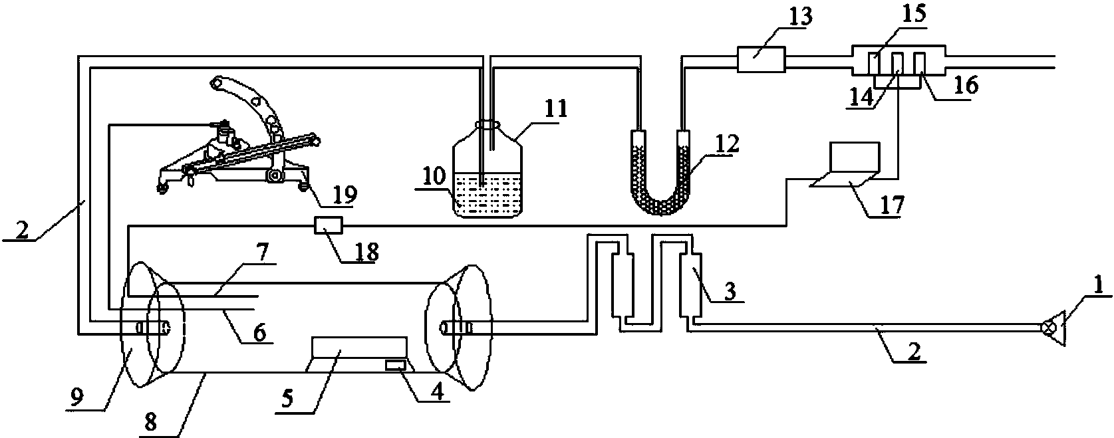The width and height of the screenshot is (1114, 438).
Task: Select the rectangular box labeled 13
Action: pyautogui.click(x=761, y=59)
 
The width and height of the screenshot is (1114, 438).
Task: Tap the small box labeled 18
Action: pyautogui.click(x=329, y=225)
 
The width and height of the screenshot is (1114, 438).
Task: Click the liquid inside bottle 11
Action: pyautogui.click(x=488, y=195)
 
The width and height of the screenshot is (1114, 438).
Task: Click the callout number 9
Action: pyautogui.click(x=78, y=397)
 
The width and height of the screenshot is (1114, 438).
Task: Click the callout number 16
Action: pyautogui.click(x=966, y=85)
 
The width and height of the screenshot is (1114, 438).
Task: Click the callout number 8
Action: pyautogui.click(x=150, y=422)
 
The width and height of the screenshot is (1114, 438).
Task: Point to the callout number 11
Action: pyautogui.click(x=555, y=108)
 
